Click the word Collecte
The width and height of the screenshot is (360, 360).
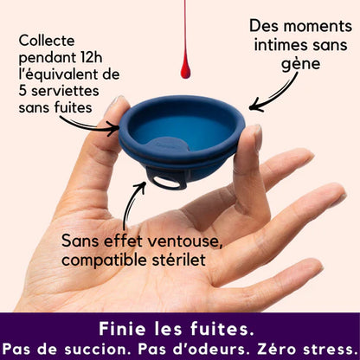[x=48, y=41]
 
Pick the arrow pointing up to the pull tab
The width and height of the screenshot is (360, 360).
[x=132, y=201]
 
